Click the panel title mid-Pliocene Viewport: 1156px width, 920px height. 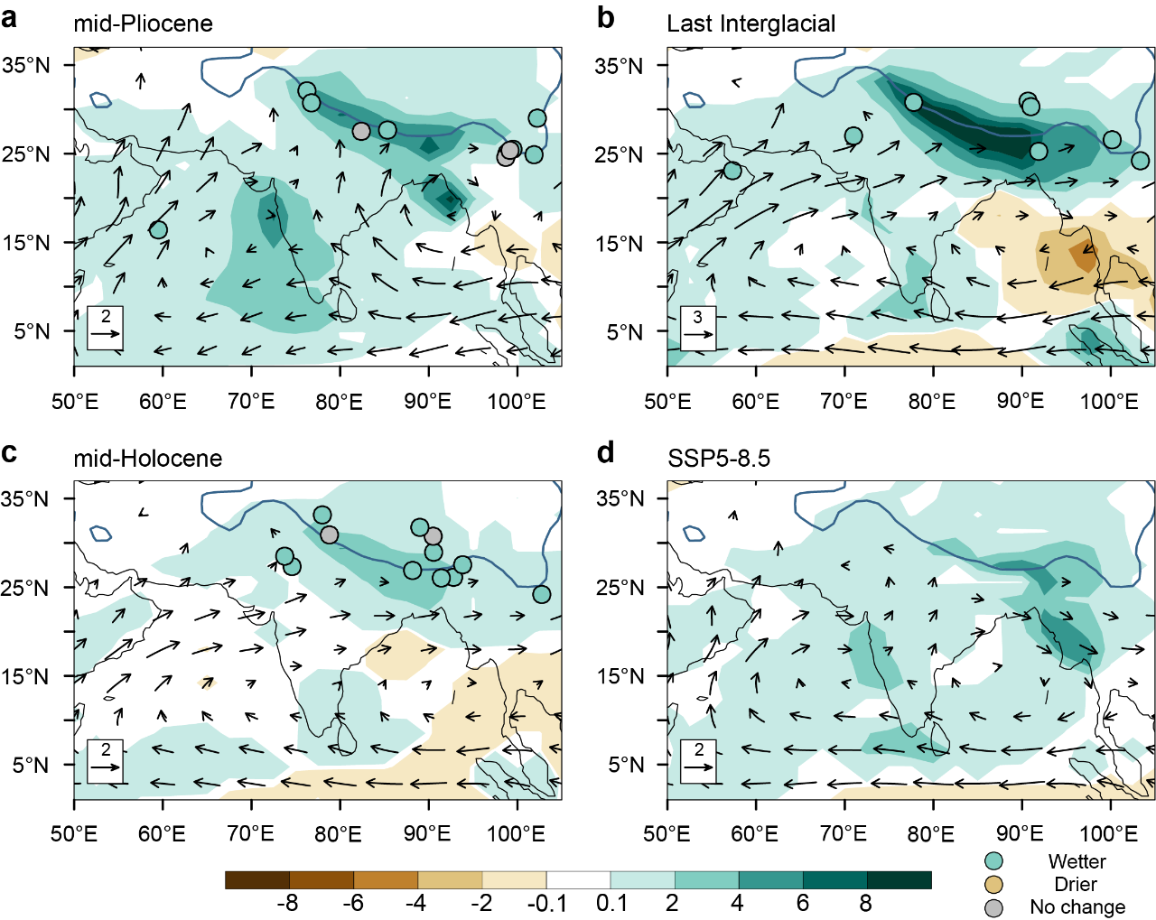point(143,23)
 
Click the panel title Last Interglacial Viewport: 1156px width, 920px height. point(750,23)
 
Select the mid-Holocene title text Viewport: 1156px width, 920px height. point(147,458)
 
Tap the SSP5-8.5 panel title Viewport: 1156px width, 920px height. point(718,458)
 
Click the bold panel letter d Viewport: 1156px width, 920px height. point(605,452)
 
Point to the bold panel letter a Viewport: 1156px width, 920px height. point(10,18)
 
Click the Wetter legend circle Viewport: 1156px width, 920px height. point(993,861)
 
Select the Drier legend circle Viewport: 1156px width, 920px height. point(993,884)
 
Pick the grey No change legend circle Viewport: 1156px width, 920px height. point(993,907)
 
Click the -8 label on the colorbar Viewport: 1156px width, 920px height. point(286,903)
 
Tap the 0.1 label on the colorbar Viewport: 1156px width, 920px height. point(611,903)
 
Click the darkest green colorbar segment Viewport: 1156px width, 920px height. point(899,880)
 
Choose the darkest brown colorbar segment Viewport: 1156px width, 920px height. point(257,880)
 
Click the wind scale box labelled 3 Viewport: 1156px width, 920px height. point(697,328)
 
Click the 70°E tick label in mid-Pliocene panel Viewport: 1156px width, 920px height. point(251,401)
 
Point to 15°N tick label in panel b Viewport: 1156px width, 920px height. point(619,243)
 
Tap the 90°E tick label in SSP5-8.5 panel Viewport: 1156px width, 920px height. point(1020,833)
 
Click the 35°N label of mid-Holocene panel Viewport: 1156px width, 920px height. point(25,499)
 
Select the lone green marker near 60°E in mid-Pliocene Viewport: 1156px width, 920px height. point(158,229)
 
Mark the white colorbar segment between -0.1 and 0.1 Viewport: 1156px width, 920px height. point(578,880)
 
